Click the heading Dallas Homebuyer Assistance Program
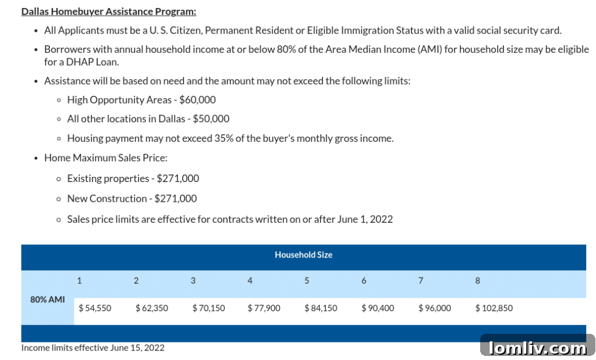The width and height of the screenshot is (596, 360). click(109, 12)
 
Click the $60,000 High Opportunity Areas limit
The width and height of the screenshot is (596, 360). click(197, 100)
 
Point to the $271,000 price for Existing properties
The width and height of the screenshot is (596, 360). click(178, 179)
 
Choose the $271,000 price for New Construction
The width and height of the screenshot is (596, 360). click(176, 199)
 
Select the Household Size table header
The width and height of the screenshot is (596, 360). click(303, 255)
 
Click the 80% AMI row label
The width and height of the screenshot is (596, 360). click(47, 300)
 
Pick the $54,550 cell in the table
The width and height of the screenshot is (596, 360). click(94, 308)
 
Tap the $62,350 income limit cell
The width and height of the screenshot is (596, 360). click(151, 308)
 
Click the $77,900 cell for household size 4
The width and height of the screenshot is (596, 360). click(264, 308)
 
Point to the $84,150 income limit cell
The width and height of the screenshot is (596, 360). click(321, 308)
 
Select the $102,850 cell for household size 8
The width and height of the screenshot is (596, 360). click(494, 308)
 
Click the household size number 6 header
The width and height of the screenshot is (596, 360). click(364, 281)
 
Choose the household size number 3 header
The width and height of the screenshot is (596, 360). click(193, 281)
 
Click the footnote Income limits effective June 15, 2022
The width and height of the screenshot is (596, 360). click(93, 348)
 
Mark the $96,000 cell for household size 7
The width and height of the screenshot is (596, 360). click(434, 308)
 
